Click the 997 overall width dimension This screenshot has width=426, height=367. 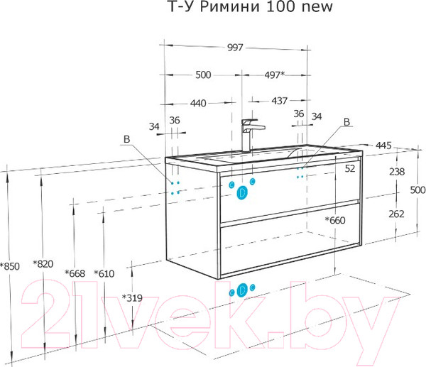coord(235,48)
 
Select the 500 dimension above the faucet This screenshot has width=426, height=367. coord(203,75)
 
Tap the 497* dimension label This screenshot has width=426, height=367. coord(275,75)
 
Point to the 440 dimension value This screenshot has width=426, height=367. coord(198,103)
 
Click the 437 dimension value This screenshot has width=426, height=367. coord(279,101)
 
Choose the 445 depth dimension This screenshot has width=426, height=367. coord(383,146)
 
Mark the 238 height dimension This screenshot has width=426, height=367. coord(397,172)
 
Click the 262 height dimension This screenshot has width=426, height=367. coord(396,214)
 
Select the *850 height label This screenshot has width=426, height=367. coord(10,266)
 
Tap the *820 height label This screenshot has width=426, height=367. coord(43,263)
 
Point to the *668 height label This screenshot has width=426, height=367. coord(75,273)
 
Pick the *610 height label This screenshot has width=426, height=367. coord(104,273)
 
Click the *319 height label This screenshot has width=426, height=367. coord(132,298)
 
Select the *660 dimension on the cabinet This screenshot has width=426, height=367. coord(335,220)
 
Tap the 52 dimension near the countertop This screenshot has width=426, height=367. coord(350,169)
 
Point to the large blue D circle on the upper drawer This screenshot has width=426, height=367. coord(242,192)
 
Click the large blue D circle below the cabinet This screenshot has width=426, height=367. coord(242,290)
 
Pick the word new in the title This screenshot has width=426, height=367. coord(317,7)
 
